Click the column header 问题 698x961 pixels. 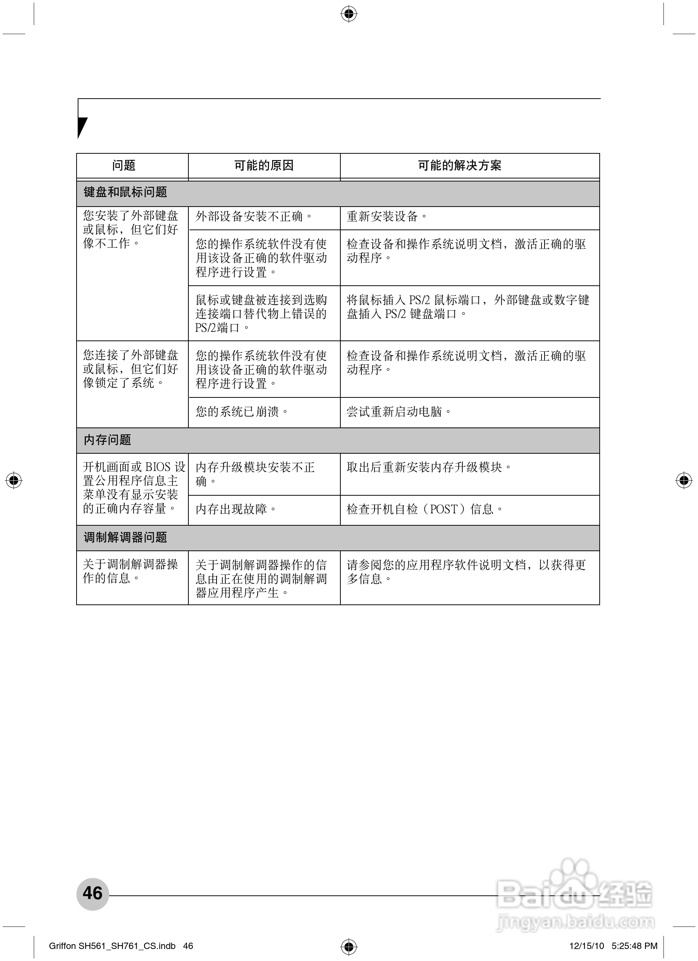point(124,165)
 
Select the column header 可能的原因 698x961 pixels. point(264,165)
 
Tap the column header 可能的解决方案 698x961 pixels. point(460,165)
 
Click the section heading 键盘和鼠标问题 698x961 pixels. point(125,192)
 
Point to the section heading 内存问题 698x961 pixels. point(107,440)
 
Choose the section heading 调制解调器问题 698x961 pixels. point(125,538)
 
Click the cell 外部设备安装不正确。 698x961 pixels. point(254,217)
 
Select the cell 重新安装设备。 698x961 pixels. point(387,217)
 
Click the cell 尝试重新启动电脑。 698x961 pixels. point(399,412)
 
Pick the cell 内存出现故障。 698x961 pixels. point(236,509)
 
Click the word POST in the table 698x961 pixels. point(444,509)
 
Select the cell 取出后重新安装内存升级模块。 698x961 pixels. point(429,467)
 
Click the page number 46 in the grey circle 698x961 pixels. point(92,893)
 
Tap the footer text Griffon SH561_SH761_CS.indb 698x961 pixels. point(112,946)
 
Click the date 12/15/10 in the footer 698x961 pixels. point(587,946)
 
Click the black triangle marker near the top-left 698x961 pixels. point(82,127)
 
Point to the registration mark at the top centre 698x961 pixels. point(349,14)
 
